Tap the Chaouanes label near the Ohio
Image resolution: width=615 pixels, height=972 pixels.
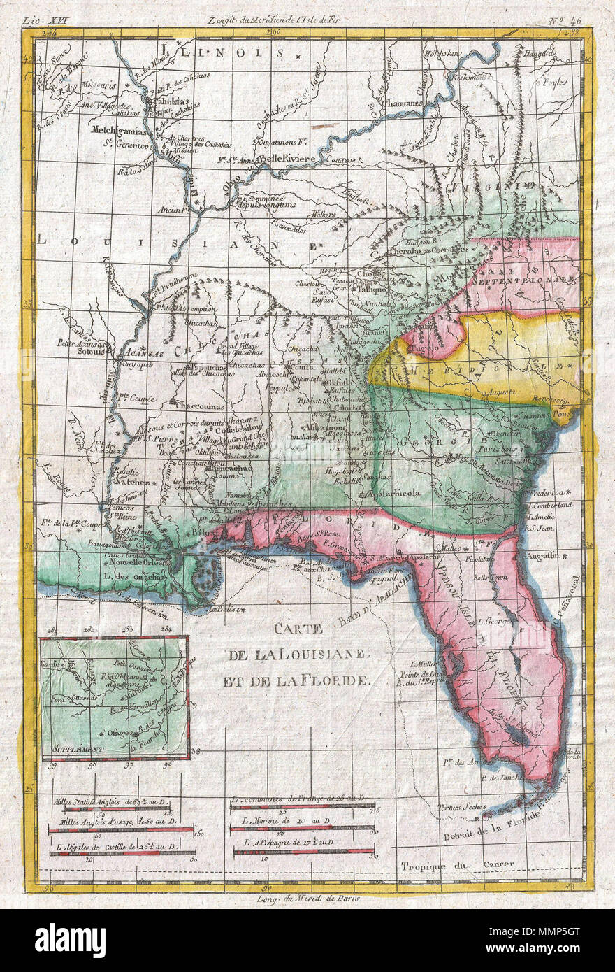point(404,103)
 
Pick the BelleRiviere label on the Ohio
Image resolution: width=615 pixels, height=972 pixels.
point(289,159)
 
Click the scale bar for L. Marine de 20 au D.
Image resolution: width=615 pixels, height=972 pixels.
point(302,828)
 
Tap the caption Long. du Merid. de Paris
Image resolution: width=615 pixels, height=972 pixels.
point(307,899)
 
